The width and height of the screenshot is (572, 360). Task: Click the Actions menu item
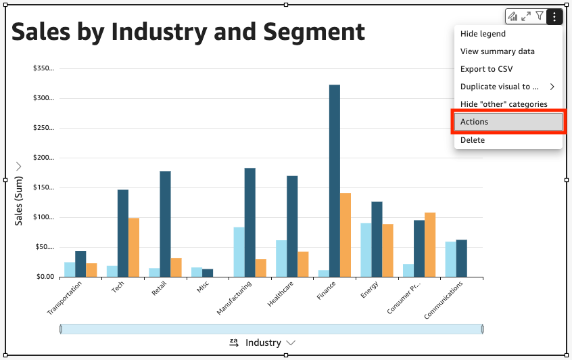click(x=507, y=122)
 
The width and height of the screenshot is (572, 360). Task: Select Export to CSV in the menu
click(x=486, y=69)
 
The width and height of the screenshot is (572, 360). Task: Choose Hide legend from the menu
click(x=483, y=34)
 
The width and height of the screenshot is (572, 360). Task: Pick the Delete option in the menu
click(x=473, y=140)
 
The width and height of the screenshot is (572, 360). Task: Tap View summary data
click(x=497, y=51)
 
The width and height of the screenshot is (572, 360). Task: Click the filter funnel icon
click(x=540, y=16)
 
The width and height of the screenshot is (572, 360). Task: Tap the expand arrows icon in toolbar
click(x=526, y=16)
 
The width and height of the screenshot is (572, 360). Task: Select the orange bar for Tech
click(x=134, y=247)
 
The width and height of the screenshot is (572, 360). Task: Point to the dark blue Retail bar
click(x=166, y=224)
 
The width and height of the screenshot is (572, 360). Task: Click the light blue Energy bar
click(x=366, y=250)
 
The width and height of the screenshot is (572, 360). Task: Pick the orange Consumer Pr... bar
click(x=430, y=244)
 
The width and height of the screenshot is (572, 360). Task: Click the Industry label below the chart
click(x=263, y=342)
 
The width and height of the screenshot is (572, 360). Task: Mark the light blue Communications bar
click(x=450, y=259)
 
